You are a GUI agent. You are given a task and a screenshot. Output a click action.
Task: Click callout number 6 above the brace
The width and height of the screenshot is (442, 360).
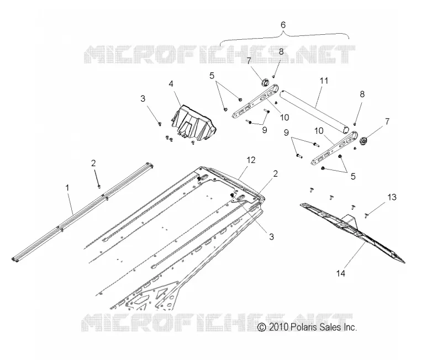coord(283,25)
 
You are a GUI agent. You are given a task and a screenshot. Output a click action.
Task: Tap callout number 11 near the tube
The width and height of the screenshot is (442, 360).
coord(324,81)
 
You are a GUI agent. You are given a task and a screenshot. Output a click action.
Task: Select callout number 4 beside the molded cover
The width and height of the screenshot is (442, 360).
coord(171,84)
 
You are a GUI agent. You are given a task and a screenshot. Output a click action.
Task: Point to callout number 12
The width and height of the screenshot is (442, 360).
coord(251,160)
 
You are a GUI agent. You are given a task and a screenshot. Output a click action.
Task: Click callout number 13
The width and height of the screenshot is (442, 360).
coord(392,197)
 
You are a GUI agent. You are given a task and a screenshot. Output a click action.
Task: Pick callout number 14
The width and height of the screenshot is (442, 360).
coord(340,273)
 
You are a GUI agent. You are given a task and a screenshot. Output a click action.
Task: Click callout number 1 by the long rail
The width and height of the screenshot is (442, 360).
coord(67,188)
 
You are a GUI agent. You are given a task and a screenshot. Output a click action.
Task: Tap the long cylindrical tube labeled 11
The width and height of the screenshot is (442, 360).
coord(315,111)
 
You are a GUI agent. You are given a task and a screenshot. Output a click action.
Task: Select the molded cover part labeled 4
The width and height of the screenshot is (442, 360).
coord(194,123)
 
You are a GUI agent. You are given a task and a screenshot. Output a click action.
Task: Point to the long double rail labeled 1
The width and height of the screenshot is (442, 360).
coord(82,212)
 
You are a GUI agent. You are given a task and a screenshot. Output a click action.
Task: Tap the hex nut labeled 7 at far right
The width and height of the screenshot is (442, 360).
coord(364,140)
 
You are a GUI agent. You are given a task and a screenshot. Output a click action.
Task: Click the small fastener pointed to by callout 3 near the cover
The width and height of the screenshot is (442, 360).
coord(160,123)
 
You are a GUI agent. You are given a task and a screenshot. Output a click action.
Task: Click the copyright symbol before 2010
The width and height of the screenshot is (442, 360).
coord(262,327)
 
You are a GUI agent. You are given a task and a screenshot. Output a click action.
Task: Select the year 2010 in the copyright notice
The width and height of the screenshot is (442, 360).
coord(278,327)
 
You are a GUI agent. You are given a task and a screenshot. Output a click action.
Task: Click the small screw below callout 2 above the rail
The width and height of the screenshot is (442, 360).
coord(99,186)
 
